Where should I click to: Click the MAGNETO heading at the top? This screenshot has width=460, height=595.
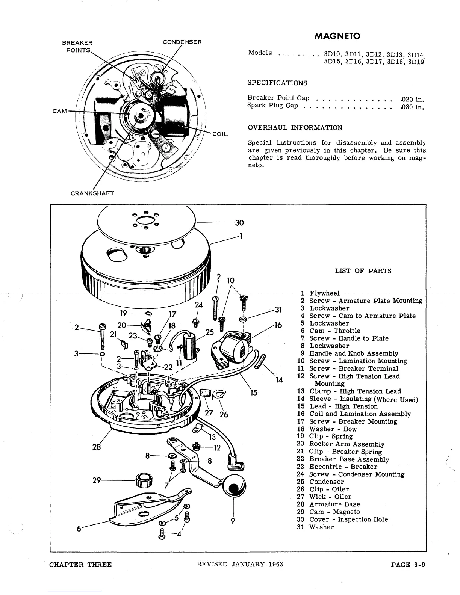(337, 36)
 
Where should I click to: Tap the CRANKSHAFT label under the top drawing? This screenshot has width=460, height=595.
(92, 193)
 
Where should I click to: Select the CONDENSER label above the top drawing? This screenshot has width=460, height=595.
(182, 42)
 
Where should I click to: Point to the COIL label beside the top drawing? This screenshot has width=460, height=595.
(220, 134)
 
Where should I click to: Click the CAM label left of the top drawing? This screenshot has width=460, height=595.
(60, 111)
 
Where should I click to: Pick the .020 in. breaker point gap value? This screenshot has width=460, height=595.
(412, 99)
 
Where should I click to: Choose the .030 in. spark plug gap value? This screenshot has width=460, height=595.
(412, 107)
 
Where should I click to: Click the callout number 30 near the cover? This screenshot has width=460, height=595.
(239, 223)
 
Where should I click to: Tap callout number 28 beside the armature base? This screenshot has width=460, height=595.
(97, 447)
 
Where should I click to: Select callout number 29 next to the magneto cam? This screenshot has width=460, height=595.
(97, 480)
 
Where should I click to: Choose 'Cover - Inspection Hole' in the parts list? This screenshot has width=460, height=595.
(348, 519)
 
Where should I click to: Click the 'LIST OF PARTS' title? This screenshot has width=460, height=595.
(363, 271)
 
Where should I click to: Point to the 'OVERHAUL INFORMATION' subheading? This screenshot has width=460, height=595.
(295, 128)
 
